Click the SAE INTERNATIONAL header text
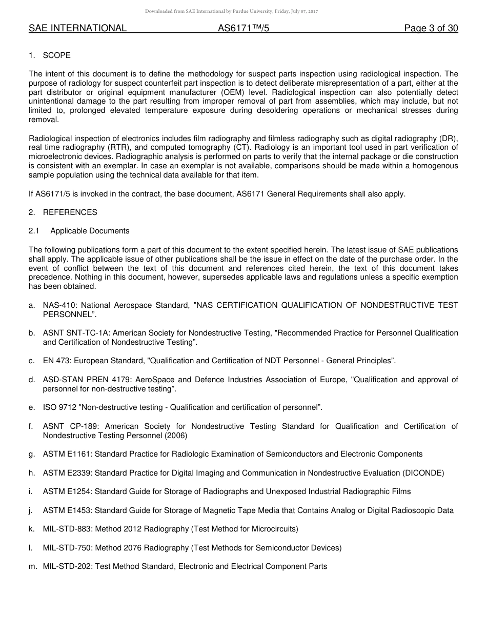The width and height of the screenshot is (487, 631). pyautogui.click(x=77, y=29)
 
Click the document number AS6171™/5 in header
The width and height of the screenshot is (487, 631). pyautogui.click(x=243, y=29)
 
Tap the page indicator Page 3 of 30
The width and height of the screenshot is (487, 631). pyautogui.click(x=431, y=29)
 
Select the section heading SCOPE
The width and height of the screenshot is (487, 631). pyautogui.click(x=57, y=55)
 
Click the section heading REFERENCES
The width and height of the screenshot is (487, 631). pyautogui.click(x=70, y=212)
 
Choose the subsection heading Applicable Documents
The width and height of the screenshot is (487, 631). pyautogui.click(x=90, y=231)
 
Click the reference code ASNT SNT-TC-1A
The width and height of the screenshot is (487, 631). pyautogui.click(x=75, y=333)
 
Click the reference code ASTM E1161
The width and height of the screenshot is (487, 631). pyautogui.click(x=67, y=454)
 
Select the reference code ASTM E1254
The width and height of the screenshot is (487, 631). pyautogui.click(x=67, y=491)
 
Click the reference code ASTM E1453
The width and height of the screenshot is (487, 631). pyautogui.click(x=67, y=510)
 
